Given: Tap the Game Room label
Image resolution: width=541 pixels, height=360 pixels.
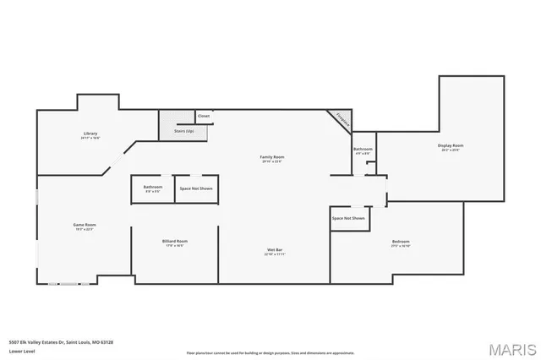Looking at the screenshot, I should (x=85, y=224).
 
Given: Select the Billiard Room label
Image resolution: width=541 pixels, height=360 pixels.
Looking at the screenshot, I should (x=175, y=241).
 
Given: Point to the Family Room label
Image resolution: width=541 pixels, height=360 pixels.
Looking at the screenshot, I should (x=271, y=157).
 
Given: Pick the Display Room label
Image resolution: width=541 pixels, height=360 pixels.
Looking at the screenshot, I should (x=451, y=145).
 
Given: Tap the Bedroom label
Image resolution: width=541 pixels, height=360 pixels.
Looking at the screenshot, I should (x=401, y=242).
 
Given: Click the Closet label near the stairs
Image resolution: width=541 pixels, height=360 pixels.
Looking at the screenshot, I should (x=204, y=116).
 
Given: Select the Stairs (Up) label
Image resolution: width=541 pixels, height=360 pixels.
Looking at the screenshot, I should (x=184, y=131).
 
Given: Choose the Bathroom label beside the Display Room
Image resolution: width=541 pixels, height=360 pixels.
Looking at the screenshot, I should (x=363, y=150).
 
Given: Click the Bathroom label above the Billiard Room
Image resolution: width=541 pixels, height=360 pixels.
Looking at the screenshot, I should (x=153, y=187).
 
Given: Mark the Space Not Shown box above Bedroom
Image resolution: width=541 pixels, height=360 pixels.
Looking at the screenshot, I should (x=348, y=218).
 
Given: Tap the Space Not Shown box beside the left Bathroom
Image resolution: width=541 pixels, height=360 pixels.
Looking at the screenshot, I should (x=195, y=188).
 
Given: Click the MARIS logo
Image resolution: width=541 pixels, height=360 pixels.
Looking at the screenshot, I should (x=510, y=347).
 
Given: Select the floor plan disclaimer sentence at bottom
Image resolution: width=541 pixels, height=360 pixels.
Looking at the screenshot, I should (x=270, y=352).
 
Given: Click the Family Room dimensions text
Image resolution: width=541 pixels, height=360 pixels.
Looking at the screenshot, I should (x=271, y=161).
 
